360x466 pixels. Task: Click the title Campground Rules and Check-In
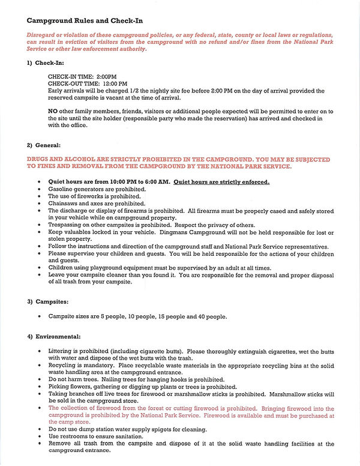click(x=76, y=22)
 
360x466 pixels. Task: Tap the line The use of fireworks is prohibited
click(x=94, y=196)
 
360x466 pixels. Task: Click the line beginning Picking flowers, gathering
click(x=142, y=387)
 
